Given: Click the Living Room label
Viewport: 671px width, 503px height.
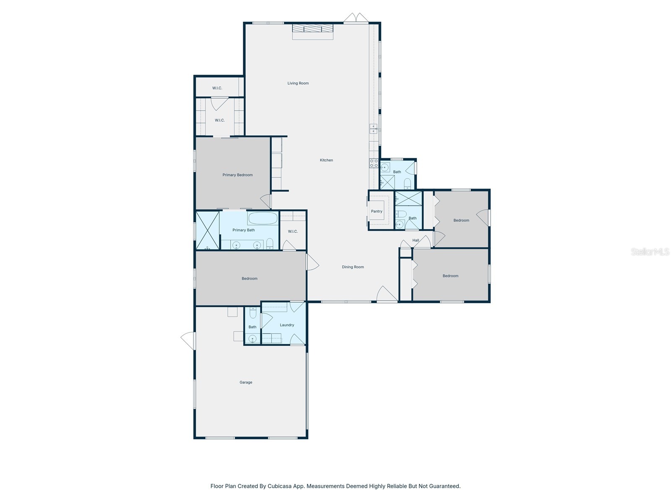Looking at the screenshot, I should pyautogui.click(x=298, y=83).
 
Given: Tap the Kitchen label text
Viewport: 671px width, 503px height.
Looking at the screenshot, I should pyautogui.click(x=326, y=160).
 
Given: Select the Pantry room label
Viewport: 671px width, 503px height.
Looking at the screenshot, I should pyautogui.click(x=377, y=211).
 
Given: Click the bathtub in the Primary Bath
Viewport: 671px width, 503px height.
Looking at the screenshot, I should pyautogui.click(x=263, y=218).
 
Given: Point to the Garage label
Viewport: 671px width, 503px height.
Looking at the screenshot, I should pyautogui.click(x=246, y=382).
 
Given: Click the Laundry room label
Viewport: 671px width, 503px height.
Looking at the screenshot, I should pyautogui.click(x=287, y=325).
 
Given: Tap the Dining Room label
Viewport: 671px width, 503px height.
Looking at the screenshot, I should pyautogui.click(x=353, y=267).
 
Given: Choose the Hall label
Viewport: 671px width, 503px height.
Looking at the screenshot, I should pyautogui.click(x=416, y=240).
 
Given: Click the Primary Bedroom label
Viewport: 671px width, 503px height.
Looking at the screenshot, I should pyautogui.click(x=237, y=175).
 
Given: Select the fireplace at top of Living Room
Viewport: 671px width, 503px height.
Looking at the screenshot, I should pyautogui.click(x=312, y=29).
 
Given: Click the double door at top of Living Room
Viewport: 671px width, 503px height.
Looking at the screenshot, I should pyautogui.click(x=356, y=18).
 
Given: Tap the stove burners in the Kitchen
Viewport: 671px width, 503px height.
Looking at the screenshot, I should pyautogui.click(x=373, y=163).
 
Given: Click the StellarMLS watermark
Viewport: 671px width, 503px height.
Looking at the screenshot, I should pyautogui.click(x=650, y=251).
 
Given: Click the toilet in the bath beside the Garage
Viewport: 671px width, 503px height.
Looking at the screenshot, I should pyautogui.click(x=252, y=313).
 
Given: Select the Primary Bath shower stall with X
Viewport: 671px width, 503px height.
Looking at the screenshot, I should pyautogui.click(x=208, y=231).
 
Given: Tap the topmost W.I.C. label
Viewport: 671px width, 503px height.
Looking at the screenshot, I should pyautogui.click(x=217, y=88).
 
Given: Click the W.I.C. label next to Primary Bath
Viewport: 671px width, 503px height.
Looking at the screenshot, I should pyautogui.click(x=293, y=231).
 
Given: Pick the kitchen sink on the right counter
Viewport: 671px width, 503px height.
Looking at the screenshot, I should pyautogui.click(x=373, y=129).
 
